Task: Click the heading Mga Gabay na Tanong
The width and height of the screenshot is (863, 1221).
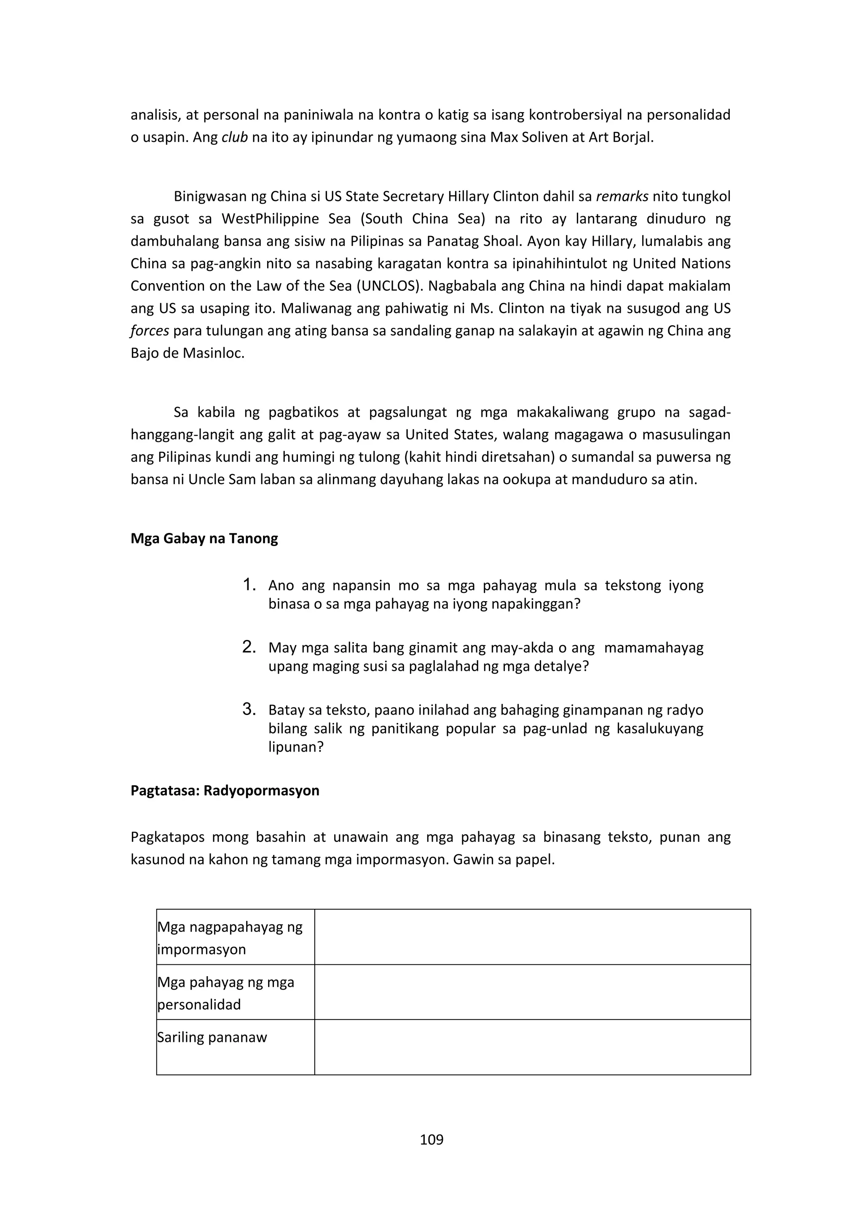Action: coord(204,539)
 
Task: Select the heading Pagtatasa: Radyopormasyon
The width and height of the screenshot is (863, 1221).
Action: coord(225,790)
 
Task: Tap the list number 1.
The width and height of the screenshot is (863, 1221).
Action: coord(249,585)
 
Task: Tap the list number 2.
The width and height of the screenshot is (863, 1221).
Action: coord(249,647)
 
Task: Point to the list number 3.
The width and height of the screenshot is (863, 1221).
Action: coord(249,710)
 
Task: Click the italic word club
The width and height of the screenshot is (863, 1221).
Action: coord(234,137)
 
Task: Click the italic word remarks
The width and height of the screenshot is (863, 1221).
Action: coord(622,197)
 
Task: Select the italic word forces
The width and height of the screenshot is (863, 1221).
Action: coord(150,331)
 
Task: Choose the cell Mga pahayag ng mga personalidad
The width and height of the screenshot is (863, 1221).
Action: coord(225,993)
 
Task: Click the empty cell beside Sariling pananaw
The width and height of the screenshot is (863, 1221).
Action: coord(532,1047)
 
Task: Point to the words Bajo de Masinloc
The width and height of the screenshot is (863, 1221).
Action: coord(187,353)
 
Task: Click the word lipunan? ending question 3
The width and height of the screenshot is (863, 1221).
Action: coord(296,747)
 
